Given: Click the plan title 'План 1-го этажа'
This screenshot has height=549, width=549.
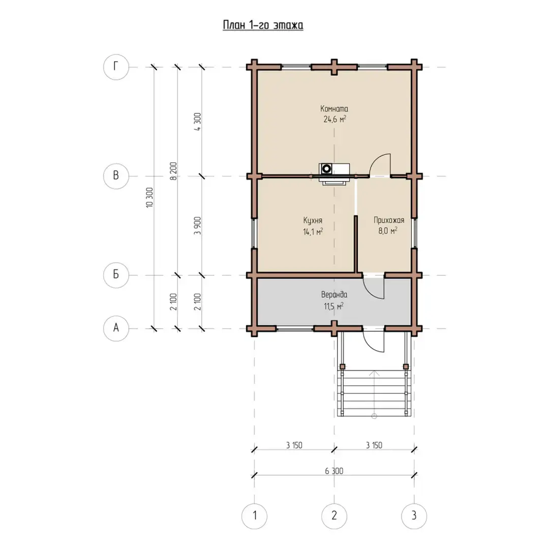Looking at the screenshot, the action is (263, 25).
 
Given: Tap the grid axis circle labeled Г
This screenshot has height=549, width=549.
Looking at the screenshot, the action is (116, 67).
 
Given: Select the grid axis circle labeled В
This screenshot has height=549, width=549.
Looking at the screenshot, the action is (116, 176).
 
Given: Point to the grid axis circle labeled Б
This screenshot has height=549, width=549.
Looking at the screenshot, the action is (116, 275).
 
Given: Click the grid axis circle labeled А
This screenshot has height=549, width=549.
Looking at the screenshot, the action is (116, 328).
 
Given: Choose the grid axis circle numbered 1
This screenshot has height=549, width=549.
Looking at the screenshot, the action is (255, 516).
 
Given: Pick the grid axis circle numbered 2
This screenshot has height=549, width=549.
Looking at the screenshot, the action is (334, 516).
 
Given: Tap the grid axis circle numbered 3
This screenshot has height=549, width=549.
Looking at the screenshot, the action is (414, 516).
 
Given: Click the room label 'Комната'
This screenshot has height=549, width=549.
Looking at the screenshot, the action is (334, 109).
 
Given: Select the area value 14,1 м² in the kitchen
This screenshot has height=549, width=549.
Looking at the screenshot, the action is (313, 231).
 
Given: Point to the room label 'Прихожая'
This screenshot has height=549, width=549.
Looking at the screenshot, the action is (389, 220).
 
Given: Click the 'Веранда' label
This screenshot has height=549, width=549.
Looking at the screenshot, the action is (334, 295).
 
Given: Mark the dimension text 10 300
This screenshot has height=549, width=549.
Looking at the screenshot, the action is (149, 197).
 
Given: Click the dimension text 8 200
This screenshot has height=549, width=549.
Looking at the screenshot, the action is (173, 171).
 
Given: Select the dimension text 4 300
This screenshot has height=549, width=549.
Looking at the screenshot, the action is (197, 121).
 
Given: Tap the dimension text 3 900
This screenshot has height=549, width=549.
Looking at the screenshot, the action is (197, 226).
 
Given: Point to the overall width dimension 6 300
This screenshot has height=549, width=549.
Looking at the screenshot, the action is (334, 471).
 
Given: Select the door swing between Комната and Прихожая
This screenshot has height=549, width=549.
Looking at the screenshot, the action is (380, 165).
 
